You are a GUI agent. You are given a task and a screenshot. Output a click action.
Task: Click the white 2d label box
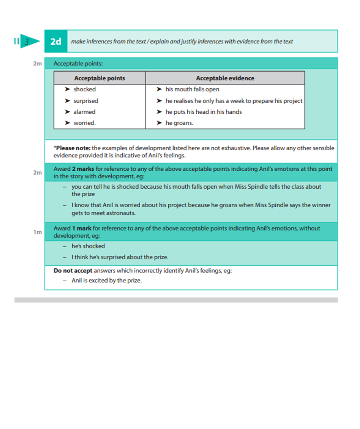point(56,41)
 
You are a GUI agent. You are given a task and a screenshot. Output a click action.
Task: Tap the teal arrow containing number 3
point(29,41)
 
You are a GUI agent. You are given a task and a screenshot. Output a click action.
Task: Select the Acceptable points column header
point(99,78)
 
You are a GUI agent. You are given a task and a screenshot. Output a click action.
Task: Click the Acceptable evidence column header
point(225,78)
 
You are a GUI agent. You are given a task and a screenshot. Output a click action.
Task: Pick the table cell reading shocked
point(85,89)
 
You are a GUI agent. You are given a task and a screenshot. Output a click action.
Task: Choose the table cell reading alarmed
point(85,112)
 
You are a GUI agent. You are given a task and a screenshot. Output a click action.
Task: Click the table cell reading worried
point(85,123)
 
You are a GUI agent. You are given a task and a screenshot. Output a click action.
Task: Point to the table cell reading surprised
point(86,101)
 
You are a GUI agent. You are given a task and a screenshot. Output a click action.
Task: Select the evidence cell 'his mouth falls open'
point(192,89)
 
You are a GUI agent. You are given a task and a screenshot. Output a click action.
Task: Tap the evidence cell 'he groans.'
point(179,123)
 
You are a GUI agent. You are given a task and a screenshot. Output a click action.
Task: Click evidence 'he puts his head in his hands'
point(203,112)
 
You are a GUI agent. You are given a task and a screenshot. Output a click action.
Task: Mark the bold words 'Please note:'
point(73,148)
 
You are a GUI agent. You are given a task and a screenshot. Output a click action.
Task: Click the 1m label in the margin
point(37,232)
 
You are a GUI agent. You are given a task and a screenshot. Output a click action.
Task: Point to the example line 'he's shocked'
point(88,246)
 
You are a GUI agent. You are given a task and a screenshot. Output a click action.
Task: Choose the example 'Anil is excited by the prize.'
point(106,280)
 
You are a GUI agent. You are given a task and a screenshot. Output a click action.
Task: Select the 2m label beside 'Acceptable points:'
point(37,64)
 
